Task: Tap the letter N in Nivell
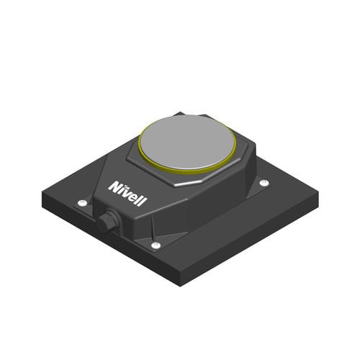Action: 114,186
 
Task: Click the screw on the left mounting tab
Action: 83,203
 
